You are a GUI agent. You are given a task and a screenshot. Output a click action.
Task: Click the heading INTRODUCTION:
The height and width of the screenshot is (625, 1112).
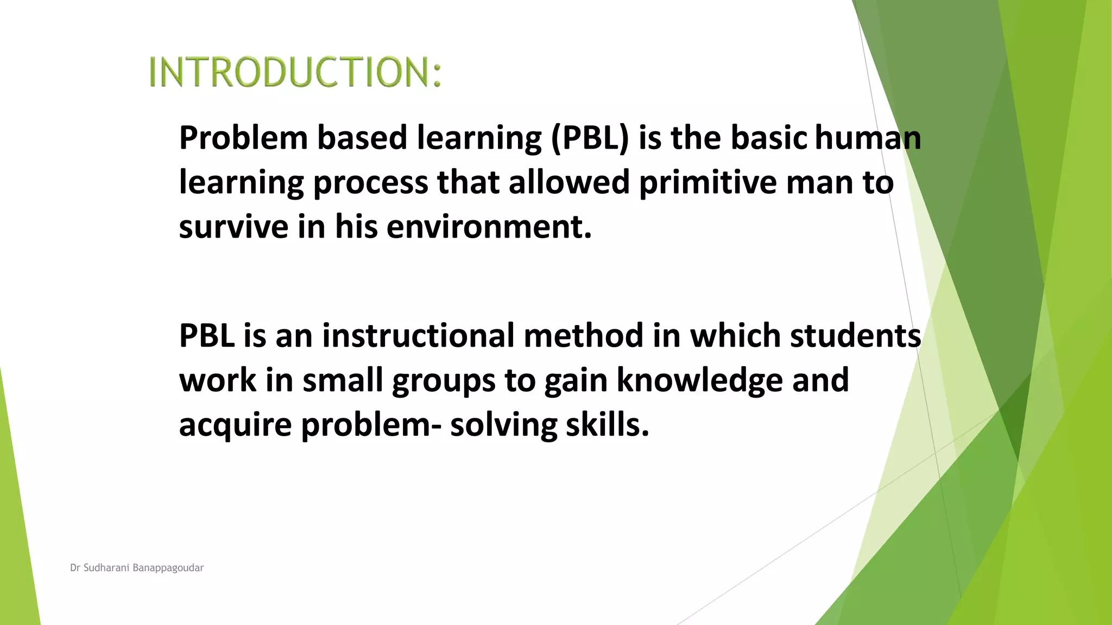tap(295, 72)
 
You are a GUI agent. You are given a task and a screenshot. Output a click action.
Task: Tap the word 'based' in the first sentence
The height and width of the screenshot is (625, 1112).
tap(362, 138)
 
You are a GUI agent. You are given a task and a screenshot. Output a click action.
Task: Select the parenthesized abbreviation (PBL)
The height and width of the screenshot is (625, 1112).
tap(590, 138)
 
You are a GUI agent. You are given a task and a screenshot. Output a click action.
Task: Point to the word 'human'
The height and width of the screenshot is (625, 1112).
tap(868, 138)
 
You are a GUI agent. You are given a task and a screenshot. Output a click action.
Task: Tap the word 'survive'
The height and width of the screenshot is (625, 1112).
tap(233, 227)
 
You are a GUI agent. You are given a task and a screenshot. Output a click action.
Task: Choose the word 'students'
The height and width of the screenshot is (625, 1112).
tap(855, 336)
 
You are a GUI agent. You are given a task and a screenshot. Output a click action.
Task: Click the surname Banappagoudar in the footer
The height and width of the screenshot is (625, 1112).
tap(168, 568)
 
